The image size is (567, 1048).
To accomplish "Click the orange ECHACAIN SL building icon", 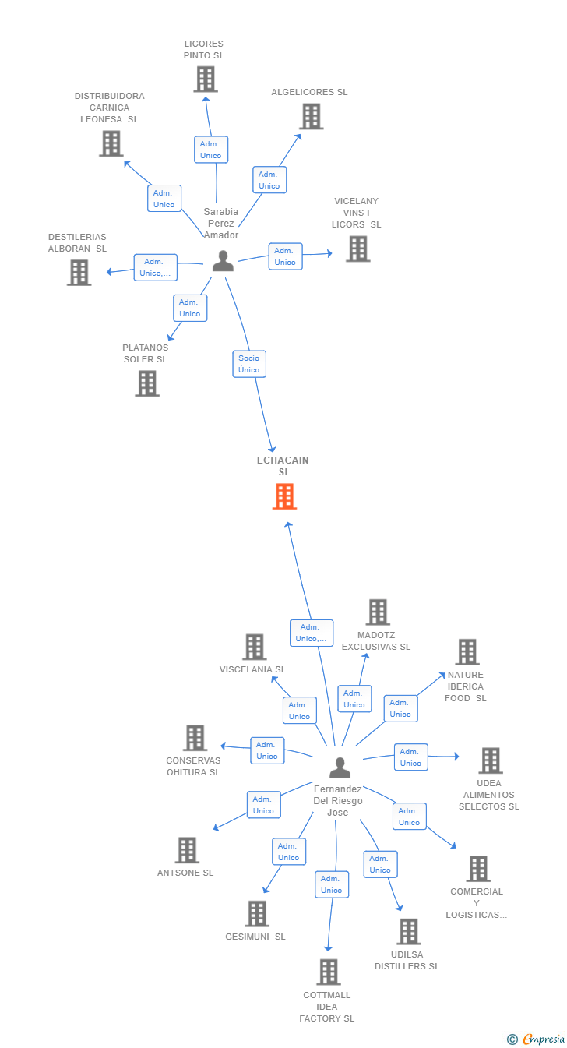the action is pyautogui.click(x=284, y=496).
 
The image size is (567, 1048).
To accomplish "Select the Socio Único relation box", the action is pyautogui.click(x=249, y=364).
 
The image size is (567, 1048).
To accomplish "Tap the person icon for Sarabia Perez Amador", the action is pyautogui.click(x=223, y=260).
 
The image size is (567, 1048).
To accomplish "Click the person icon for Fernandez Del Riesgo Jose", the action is pyautogui.click(x=340, y=767).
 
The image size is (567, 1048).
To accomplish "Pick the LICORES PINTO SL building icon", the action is pyautogui.click(x=206, y=79).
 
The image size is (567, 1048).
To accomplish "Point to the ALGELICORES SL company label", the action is pyautogui.click(x=309, y=92).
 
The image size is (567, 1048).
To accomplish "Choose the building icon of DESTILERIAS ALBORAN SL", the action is pyautogui.click(x=79, y=272).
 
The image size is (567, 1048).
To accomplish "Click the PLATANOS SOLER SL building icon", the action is pyautogui.click(x=147, y=383).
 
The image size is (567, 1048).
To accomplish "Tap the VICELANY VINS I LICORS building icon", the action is pyautogui.click(x=358, y=249).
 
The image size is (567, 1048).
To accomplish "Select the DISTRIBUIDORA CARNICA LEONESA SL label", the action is pyautogui.click(x=110, y=108).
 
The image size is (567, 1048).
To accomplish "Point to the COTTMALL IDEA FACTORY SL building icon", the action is pyautogui.click(x=329, y=972).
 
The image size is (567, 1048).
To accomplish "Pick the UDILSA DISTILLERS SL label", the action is pyautogui.click(x=407, y=960).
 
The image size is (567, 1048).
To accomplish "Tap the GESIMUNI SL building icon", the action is pyautogui.click(x=257, y=913).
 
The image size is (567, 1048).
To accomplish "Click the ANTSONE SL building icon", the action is pyautogui.click(x=187, y=849).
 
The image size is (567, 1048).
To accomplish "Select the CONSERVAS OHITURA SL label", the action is pyautogui.click(x=193, y=767).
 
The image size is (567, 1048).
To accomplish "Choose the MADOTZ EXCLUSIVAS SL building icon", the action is pyautogui.click(x=378, y=612).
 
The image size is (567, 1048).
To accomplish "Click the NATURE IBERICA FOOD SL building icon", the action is pyautogui.click(x=467, y=651).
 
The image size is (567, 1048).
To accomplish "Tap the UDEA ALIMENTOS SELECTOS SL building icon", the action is pyautogui.click(x=490, y=760).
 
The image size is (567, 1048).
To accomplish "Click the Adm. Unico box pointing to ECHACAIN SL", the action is pyautogui.click(x=312, y=633).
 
